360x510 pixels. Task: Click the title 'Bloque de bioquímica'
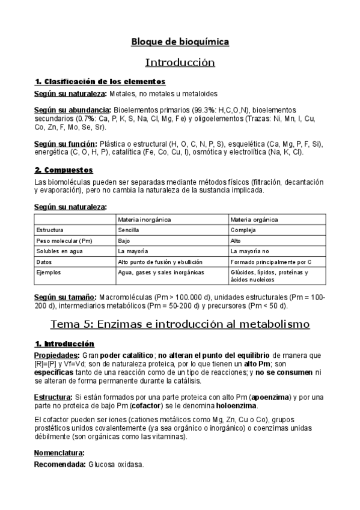coord(180,41)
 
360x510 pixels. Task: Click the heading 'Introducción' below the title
coord(180,62)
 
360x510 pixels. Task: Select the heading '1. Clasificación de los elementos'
coord(100,81)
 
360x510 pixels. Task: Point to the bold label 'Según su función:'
coord(66,144)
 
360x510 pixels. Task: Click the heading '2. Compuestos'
coord(64,170)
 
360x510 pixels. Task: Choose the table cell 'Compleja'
coord(243,230)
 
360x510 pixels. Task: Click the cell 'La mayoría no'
coord(249,251)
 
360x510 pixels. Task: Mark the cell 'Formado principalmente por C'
coord(270,262)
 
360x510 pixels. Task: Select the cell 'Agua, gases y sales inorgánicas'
coord(160,272)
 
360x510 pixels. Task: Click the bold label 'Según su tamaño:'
coord(65,297)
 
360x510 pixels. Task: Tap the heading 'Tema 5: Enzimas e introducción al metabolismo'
coord(180,324)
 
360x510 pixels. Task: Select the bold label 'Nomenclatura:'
coord(59,452)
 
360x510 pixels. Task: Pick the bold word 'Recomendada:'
coord(59,465)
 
